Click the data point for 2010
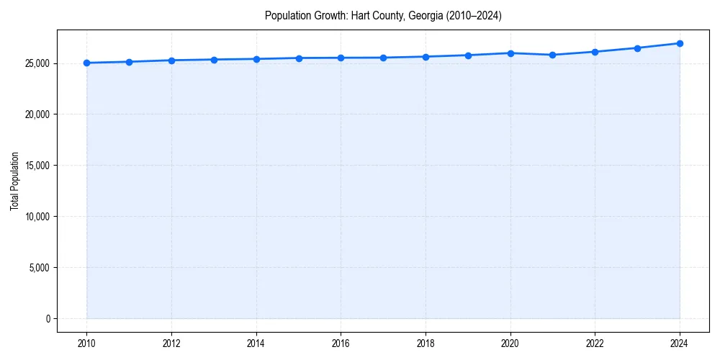tap(86, 63)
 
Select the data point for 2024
tap(680, 43)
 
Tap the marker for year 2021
tap(552, 55)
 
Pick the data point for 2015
tap(298, 58)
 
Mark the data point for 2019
tap(468, 55)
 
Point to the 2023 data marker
tap(637, 48)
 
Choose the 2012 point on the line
tap(171, 60)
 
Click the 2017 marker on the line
tap(383, 58)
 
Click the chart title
tap(383, 15)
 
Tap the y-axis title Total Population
tap(14, 181)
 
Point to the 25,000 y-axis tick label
tap(35, 63)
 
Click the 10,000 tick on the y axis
tap(35, 217)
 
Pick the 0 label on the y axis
tap(48, 319)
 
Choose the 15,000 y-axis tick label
tap(35, 166)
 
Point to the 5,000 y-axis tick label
tap(37, 268)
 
